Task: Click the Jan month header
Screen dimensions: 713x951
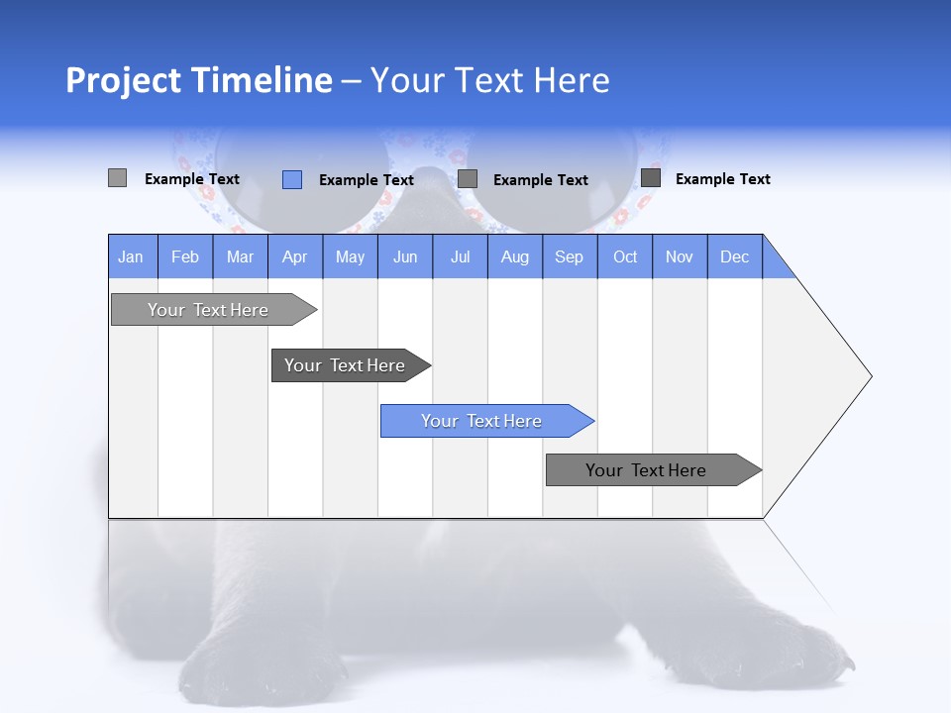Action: click(132, 256)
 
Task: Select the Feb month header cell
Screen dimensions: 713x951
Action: click(185, 256)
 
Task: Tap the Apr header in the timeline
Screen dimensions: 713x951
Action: click(295, 256)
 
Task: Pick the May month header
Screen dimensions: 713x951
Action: click(350, 256)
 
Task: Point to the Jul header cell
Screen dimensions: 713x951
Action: click(460, 256)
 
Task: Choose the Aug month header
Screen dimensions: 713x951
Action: click(515, 256)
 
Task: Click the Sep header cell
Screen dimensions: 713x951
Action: click(570, 256)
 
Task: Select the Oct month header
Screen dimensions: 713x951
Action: click(625, 256)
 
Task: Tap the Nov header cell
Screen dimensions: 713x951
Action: click(680, 256)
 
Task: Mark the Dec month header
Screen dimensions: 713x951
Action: click(735, 256)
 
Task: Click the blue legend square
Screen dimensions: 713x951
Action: click(292, 179)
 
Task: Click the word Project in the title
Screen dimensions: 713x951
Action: click(123, 80)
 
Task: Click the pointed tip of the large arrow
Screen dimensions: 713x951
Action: click(868, 376)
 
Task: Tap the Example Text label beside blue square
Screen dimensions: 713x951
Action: click(367, 180)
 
